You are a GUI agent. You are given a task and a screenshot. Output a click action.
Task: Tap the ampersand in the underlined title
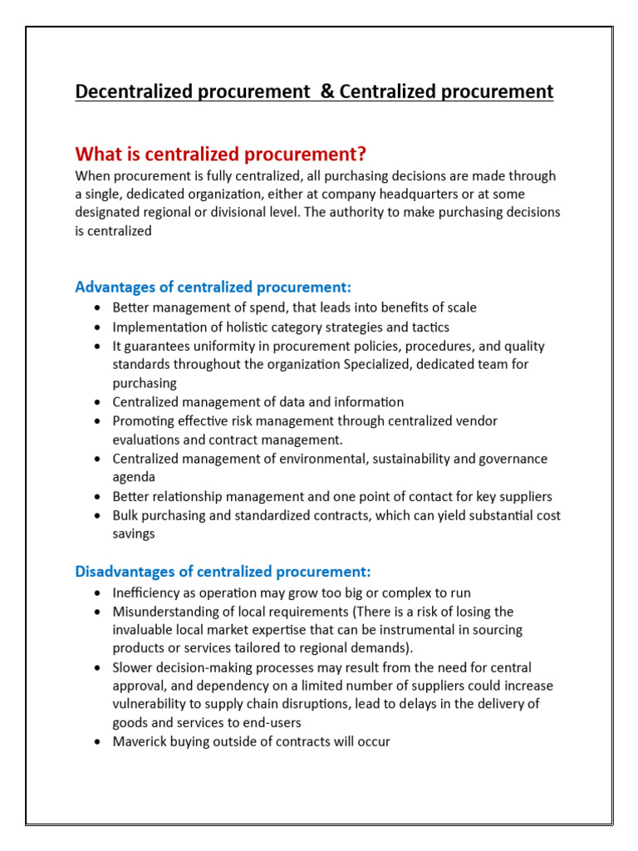326,91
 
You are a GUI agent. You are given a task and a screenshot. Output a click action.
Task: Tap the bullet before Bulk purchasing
98,516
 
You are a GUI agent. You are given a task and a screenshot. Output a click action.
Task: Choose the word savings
134,534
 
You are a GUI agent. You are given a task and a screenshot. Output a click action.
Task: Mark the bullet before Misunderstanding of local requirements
98,612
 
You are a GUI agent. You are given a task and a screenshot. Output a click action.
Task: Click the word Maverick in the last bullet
139,740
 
